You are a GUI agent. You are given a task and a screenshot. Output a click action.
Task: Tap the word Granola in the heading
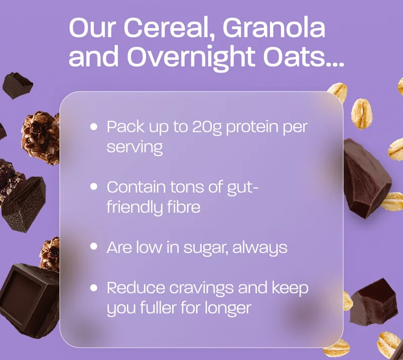pos(274,29)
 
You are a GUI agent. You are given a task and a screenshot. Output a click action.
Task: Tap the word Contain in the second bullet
pos(136,187)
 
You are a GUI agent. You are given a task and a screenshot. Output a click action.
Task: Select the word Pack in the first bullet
pos(121,127)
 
